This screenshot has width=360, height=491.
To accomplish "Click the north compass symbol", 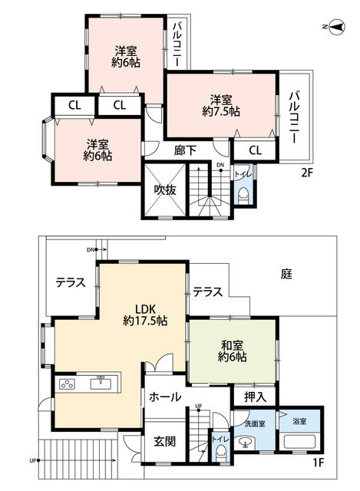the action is point(335,27).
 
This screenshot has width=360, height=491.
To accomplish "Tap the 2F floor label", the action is point(307,173).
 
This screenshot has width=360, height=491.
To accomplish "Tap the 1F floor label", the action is point(318,463).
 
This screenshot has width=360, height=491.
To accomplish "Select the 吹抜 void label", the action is point(165,189).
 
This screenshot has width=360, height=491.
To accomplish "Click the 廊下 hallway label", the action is point(185,150).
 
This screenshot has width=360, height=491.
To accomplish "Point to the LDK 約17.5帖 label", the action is point(145,315).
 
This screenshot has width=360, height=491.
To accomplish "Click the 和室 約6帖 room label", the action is point(232,351).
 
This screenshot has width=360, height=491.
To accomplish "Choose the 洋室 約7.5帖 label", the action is point(221,106).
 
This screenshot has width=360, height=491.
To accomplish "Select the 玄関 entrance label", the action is point(165,442).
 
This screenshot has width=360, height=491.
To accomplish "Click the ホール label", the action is point(165,397).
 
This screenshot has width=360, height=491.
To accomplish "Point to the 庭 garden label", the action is point(286,275).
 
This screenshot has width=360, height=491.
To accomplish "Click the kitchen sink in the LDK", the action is point(101,383).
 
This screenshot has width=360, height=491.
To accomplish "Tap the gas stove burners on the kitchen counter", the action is point(67,384).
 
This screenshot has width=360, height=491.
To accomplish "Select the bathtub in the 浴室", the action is point(299,442).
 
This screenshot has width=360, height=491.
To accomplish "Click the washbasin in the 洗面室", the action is point(246,443).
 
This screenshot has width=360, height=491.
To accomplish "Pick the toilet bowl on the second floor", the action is point(243,197).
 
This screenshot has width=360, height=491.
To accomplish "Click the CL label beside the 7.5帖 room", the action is point(255,150).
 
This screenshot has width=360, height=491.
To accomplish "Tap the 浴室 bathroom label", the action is point(299,421).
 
